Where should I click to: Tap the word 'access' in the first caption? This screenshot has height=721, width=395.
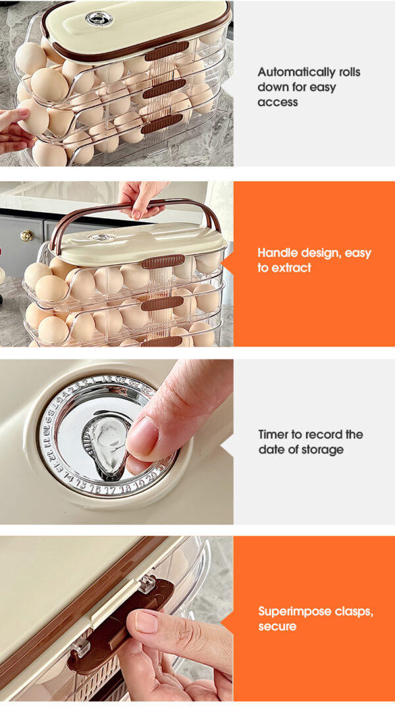pyautogui.click(x=277, y=102)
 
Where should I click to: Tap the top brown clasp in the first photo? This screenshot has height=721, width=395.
pyautogui.click(x=167, y=51)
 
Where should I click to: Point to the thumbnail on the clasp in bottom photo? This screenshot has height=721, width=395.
pyautogui.click(x=147, y=621)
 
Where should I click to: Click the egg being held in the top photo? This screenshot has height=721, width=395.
pyautogui.click(x=33, y=117)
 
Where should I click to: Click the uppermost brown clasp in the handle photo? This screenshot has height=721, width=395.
pyautogui.click(x=157, y=262)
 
